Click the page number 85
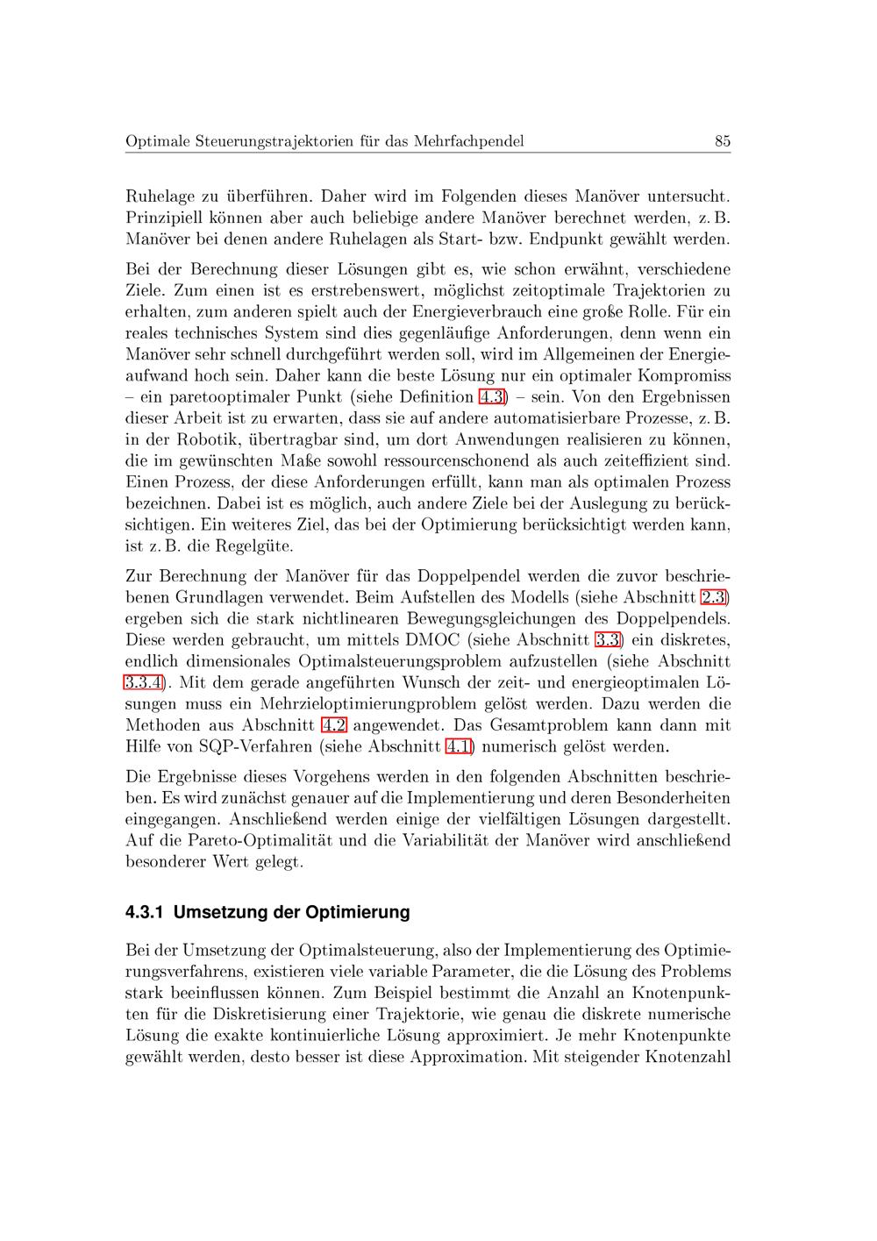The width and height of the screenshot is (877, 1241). tap(723, 141)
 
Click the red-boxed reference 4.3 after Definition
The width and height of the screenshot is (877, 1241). tap(492, 396)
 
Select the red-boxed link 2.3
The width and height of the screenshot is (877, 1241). tap(716, 597)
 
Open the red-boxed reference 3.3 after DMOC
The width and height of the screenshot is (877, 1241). tap(608, 639)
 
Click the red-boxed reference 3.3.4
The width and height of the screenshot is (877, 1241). tap(142, 682)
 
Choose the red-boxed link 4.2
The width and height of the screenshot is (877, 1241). tap(335, 725)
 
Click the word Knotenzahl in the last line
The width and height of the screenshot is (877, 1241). tap(688, 1057)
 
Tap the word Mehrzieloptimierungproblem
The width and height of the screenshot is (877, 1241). tap(369, 704)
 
